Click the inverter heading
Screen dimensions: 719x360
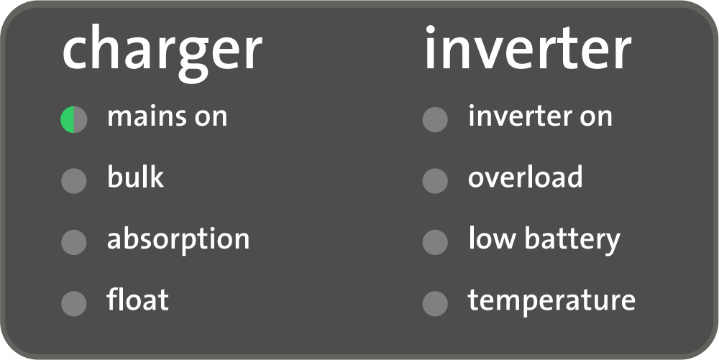pos(528,47)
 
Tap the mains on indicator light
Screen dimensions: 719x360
pos(74,119)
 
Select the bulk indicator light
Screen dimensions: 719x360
pos(74,181)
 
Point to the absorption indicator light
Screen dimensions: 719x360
pos(74,242)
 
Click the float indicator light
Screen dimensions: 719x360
pos(74,303)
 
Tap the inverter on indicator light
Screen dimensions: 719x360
pos(435,119)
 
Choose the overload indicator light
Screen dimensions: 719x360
pos(435,181)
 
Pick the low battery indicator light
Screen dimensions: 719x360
pos(435,242)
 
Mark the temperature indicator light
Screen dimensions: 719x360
pos(435,303)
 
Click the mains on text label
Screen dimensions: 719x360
pos(168,117)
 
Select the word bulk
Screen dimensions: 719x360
pos(135,177)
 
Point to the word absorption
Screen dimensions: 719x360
pos(178,240)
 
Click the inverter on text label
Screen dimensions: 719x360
pos(540,116)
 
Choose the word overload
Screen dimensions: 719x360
pos(526,177)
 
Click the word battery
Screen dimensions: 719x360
pos(572,240)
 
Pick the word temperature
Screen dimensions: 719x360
pos(551,302)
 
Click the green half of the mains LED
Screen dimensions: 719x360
pos(68,119)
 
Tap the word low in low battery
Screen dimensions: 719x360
pos(492,238)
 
